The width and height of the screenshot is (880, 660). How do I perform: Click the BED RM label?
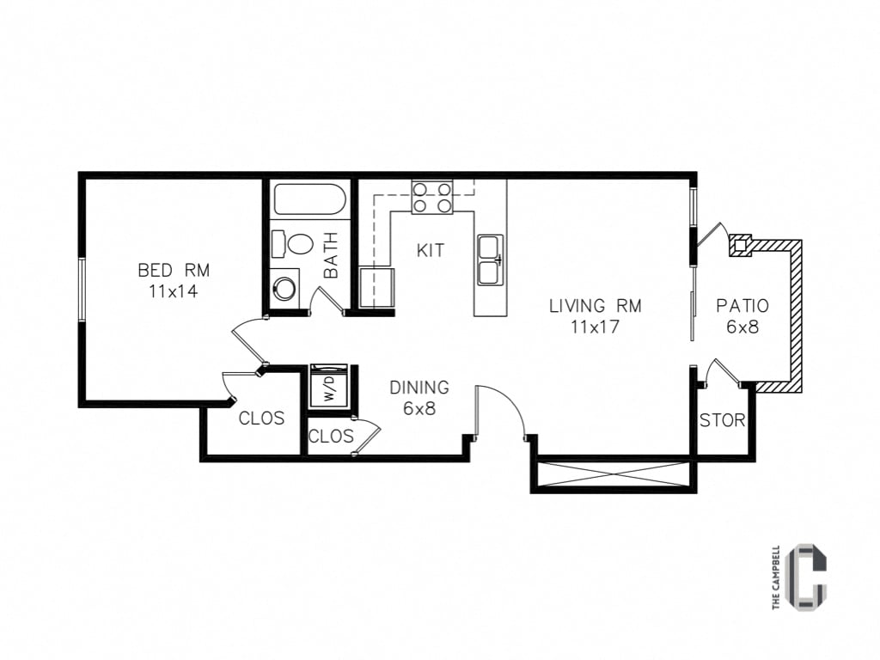pos(173,271)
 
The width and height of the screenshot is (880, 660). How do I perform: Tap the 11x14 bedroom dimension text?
pos(173,291)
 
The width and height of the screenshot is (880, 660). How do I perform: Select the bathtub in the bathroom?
pos(309,200)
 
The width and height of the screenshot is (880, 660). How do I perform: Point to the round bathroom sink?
pos(284,286)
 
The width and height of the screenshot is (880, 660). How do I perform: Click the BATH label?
pos(331,255)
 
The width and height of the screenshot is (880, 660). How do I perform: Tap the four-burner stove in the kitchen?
pos(432,197)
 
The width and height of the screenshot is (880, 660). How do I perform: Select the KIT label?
pos(431,251)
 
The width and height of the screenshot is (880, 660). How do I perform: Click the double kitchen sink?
pos(491,260)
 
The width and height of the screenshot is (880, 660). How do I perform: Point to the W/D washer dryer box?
pos(329,386)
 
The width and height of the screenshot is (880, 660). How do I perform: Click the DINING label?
pos(419,388)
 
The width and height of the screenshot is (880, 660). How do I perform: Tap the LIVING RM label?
pos(595,306)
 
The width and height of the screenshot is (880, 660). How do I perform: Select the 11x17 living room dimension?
pos(595,327)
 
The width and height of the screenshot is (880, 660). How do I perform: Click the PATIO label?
pos(742,306)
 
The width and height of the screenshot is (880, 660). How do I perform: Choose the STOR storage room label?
pos(722,421)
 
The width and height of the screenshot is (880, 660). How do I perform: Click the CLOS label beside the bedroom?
pos(261,419)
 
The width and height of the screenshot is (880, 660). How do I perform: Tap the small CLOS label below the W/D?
pos(331,437)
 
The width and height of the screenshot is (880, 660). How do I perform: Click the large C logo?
pos(808,577)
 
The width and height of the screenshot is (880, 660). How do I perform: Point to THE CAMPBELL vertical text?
pos(776,577)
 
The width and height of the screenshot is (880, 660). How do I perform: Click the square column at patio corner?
pos(739,246)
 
